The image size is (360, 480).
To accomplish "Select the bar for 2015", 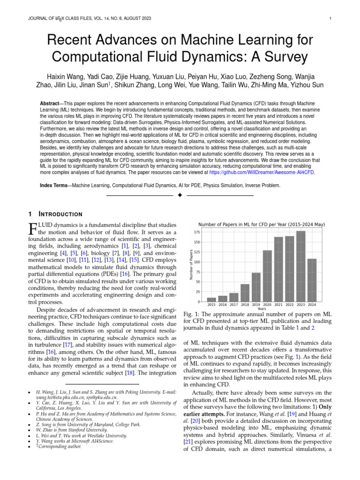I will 211,300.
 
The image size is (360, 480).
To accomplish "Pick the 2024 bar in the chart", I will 312,280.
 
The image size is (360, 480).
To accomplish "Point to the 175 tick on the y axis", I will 197,232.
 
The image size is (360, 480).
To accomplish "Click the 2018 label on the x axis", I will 245,305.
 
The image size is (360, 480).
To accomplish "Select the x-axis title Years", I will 262,309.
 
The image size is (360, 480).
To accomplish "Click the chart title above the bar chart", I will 262,225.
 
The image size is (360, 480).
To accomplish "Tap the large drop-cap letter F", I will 33,230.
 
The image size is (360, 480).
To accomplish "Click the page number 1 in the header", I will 330,19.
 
